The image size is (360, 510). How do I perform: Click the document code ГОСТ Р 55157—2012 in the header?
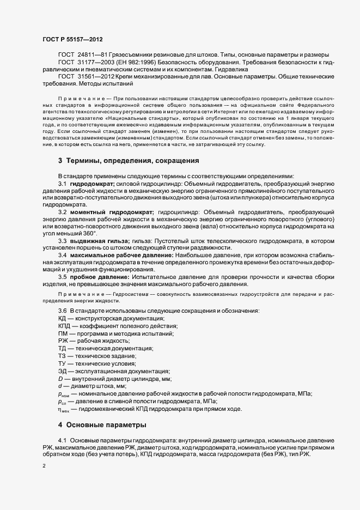[72, 39]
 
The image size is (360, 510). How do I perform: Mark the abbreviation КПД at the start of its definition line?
[65, 325]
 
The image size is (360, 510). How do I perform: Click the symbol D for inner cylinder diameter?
[60, 378]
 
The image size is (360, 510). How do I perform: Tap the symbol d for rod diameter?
[60, 386]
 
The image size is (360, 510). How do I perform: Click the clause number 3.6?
[62, 311]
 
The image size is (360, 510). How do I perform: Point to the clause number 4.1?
[62, 440]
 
